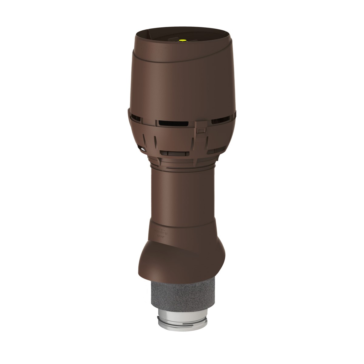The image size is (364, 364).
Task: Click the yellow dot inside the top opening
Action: pyautogui.click(x=183, y=40)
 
